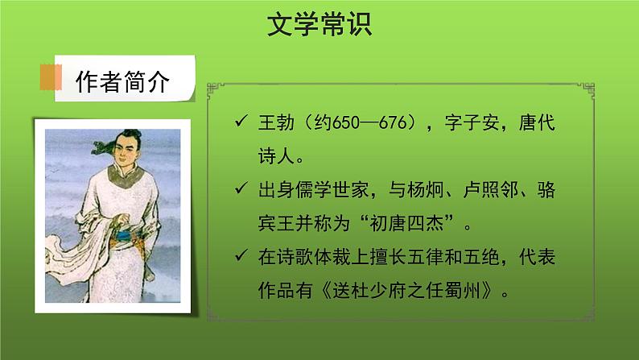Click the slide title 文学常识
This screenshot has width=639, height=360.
319,26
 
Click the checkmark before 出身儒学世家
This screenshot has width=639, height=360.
239,188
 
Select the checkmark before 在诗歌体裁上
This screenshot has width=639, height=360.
239,257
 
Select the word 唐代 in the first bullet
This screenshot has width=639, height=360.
537,125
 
